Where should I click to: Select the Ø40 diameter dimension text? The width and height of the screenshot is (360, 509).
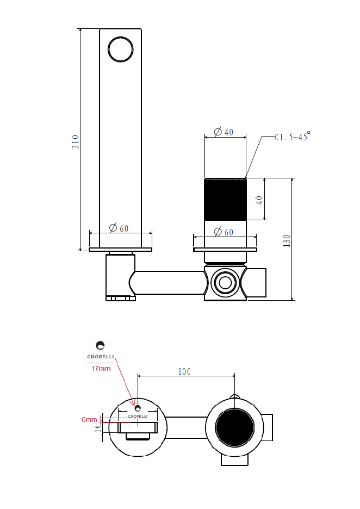pos(224,132)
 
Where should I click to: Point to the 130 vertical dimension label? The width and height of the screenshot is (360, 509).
pos(287,240)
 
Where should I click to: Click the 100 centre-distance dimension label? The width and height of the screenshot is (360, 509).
pos(184,371)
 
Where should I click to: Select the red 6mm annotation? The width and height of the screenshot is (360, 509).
pos(89,420)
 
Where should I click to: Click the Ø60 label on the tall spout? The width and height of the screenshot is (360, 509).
pos(119,228)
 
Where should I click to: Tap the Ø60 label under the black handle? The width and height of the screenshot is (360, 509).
pos(224,232)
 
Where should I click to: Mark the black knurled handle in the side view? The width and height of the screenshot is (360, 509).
pos(225,199)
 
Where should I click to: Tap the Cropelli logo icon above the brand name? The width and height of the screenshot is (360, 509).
pos(100,345)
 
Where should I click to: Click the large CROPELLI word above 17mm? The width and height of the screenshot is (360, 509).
pos(100,357)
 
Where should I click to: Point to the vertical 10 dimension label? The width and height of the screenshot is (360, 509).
pos(97,428)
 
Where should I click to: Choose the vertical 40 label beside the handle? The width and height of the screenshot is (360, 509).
pos(260,200)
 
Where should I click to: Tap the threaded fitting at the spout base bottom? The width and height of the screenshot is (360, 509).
pos(120,298)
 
